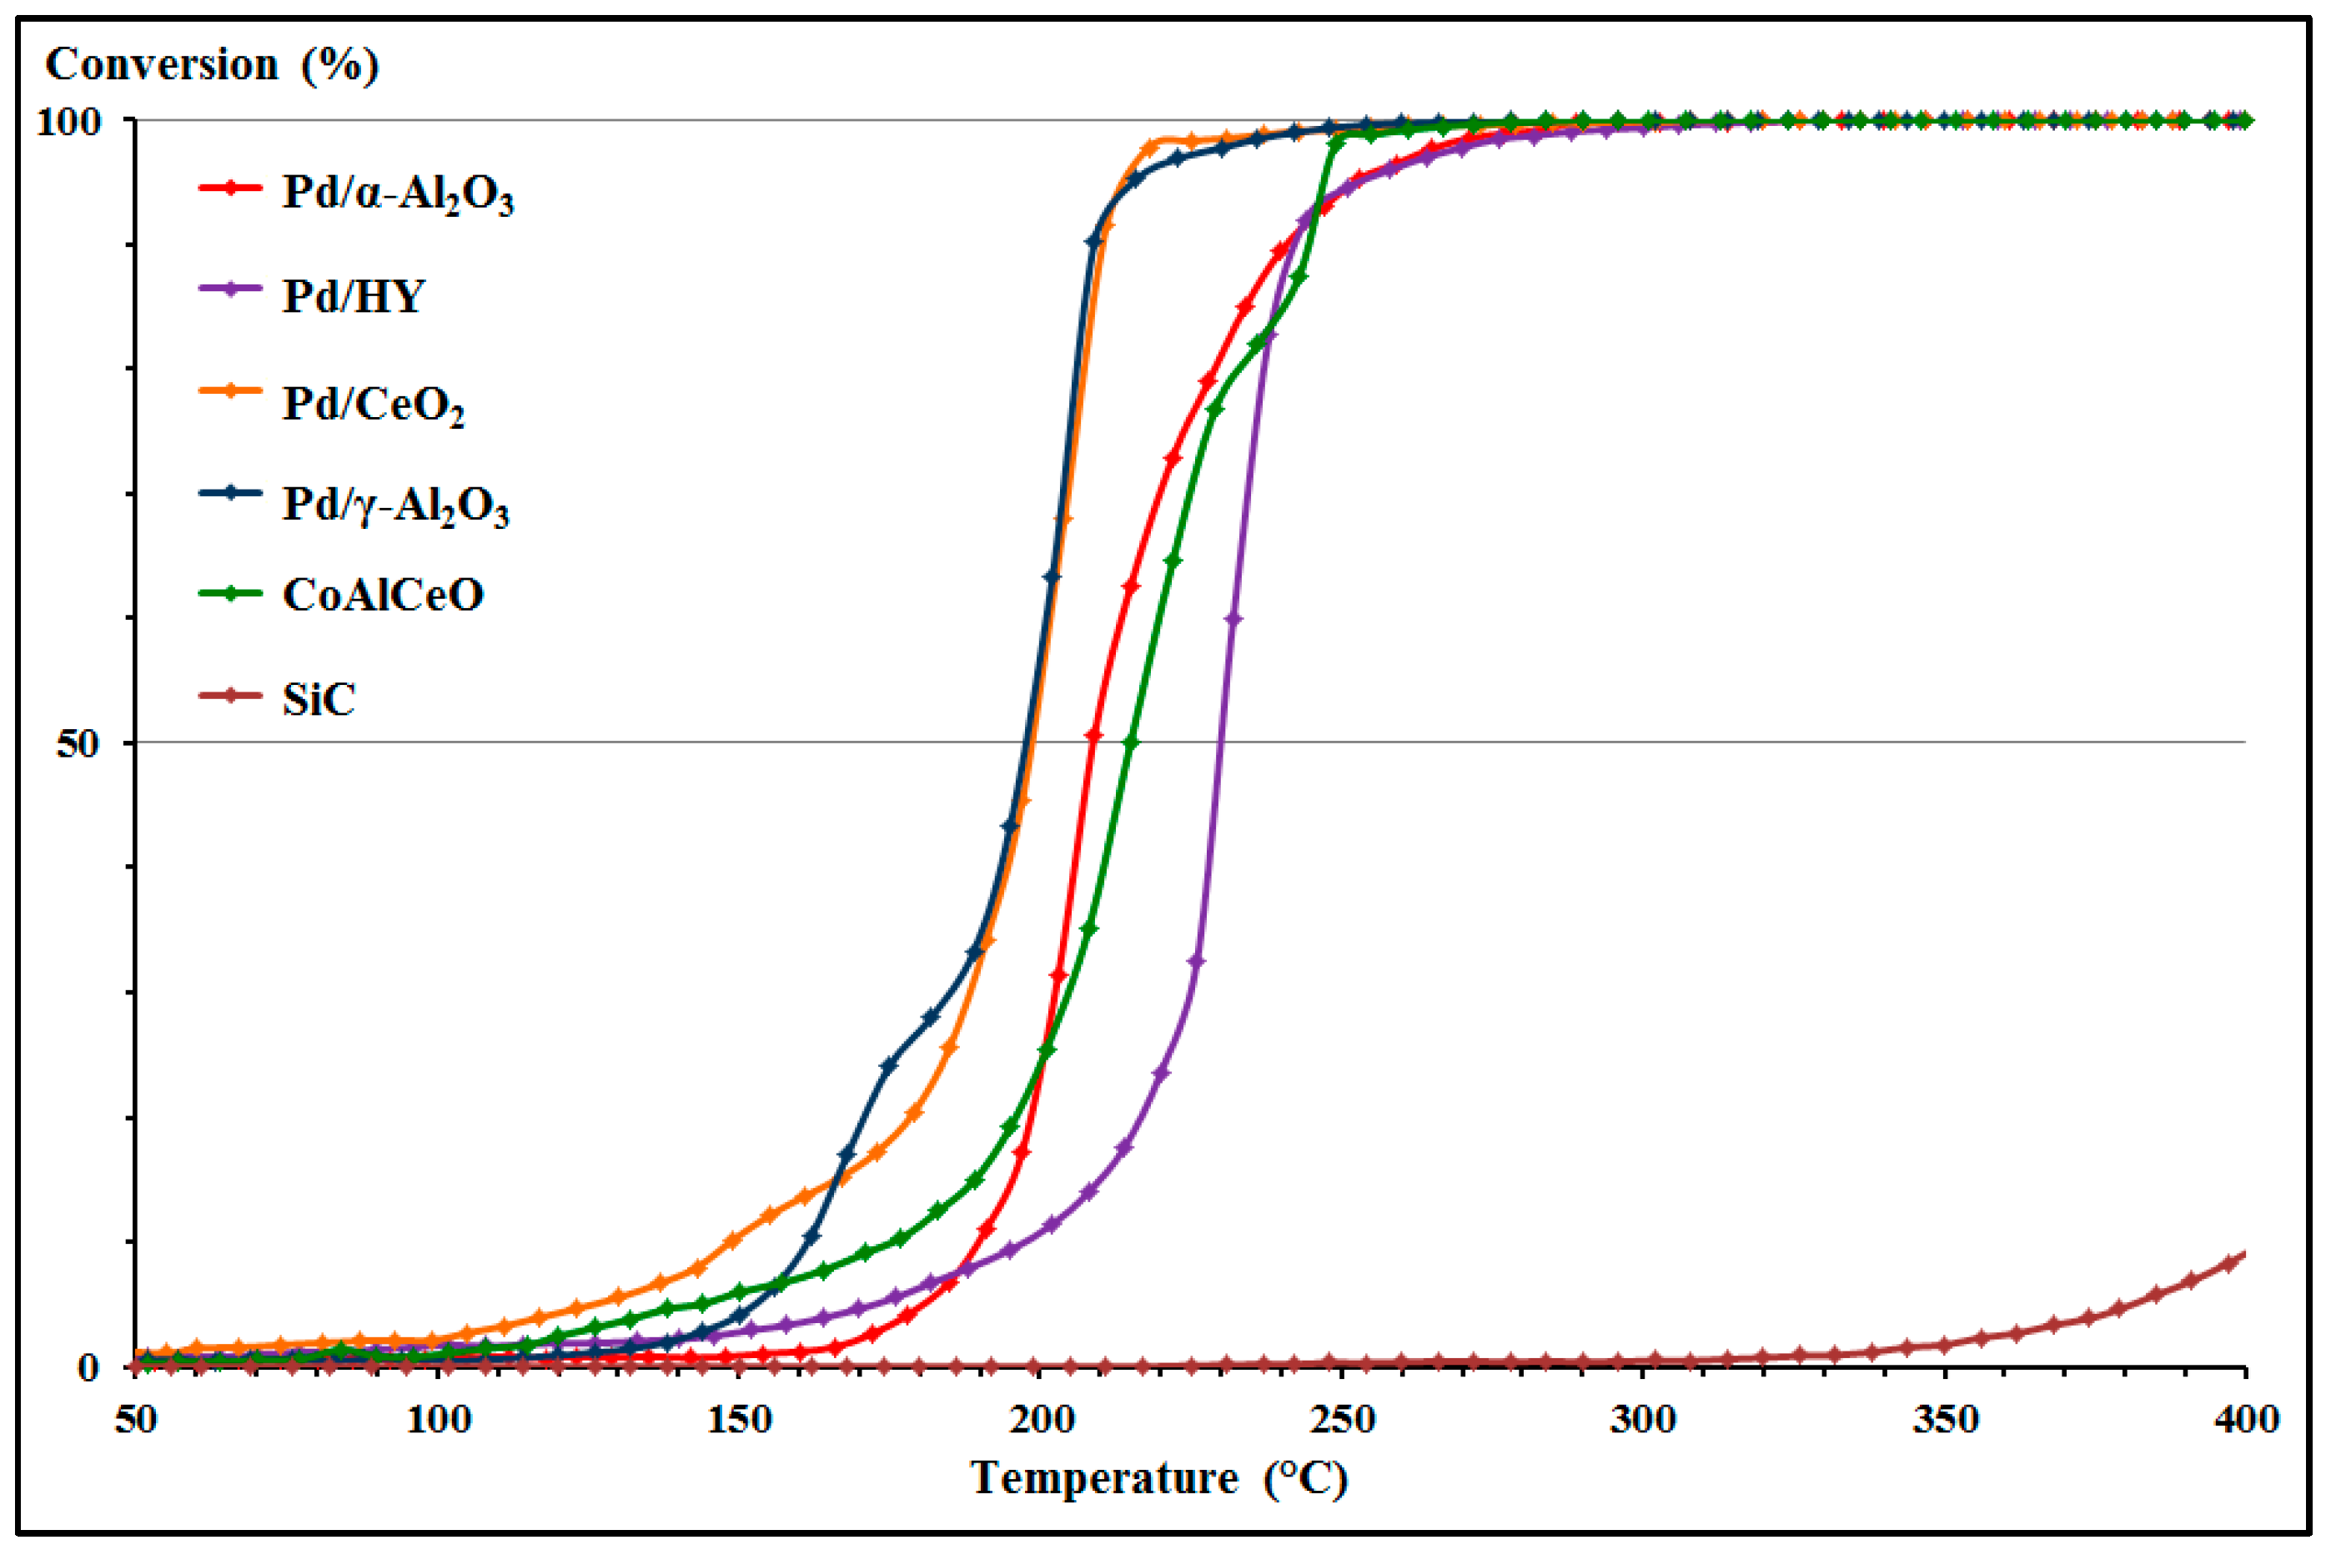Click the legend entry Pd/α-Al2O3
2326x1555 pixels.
pos(398,194)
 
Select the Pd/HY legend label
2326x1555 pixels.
pos(354,295)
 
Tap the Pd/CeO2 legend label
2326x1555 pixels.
pos(373,404)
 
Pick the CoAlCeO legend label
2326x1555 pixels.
pos(383,595)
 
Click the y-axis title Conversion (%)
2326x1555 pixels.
pos(212,65)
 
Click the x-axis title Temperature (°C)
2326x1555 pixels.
pos(1158,1478)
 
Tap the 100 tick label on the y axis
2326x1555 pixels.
pos(68,122)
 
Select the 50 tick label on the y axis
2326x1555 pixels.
pos(78,742)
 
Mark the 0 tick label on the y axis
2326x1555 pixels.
pos(88,1367)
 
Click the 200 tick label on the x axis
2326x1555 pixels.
pos(1041,1420)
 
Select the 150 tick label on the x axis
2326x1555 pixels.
pos(740,1420)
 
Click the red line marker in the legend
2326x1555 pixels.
pos(230,188)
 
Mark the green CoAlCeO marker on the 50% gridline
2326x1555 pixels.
pos(1131,742)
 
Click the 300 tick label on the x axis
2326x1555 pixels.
pos(1643,1420)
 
